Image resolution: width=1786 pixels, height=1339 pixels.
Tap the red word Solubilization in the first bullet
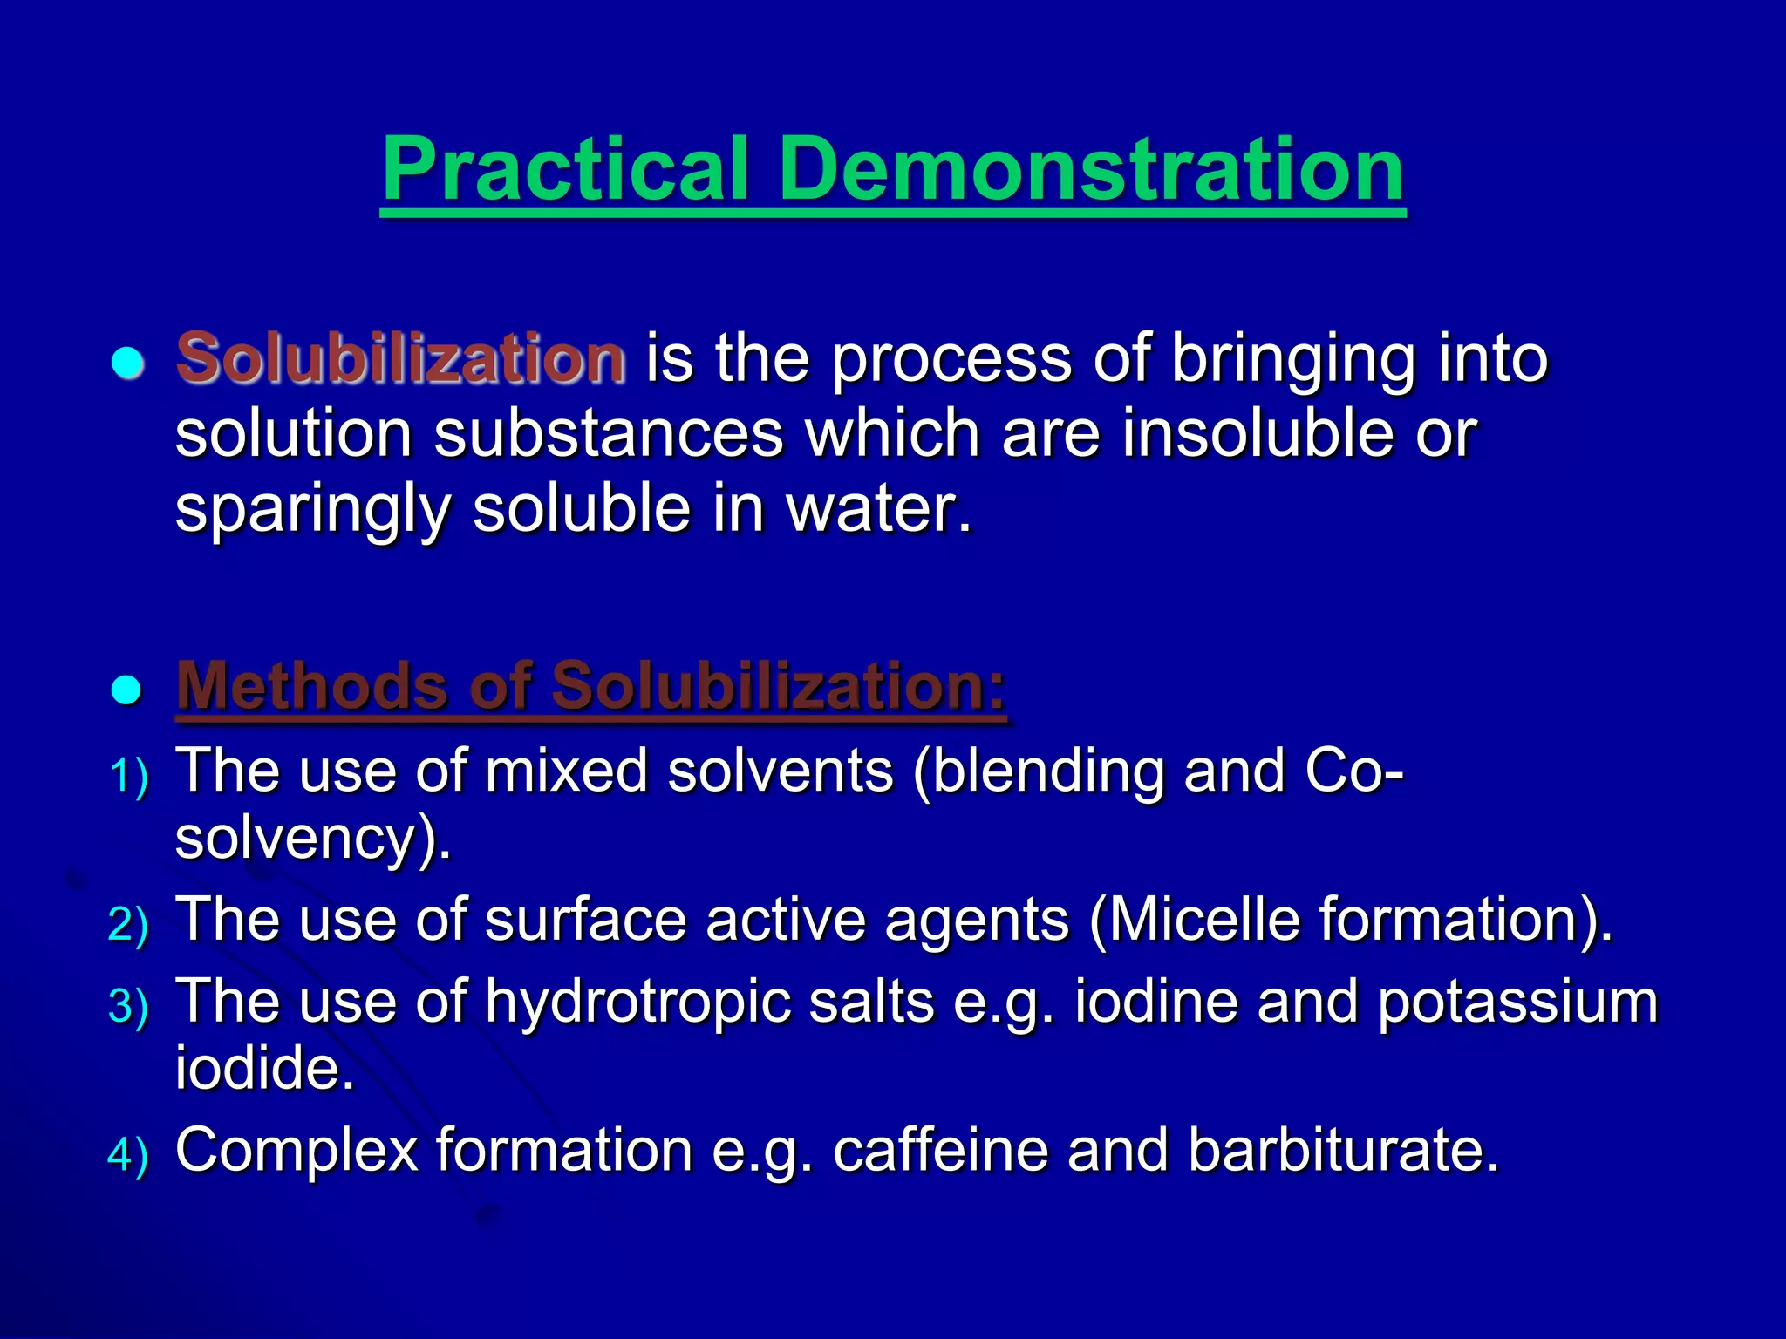[x=400, y=358]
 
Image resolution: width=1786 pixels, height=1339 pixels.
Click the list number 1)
[x=129, y=775]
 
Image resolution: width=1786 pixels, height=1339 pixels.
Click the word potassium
[x=1517, y=1002]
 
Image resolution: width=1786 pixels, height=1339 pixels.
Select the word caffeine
[x=940, y=1150]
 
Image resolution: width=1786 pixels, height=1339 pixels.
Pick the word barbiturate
[x=1343, y=1150]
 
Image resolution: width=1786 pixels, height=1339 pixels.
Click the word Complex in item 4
[x=297, y=1150]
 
